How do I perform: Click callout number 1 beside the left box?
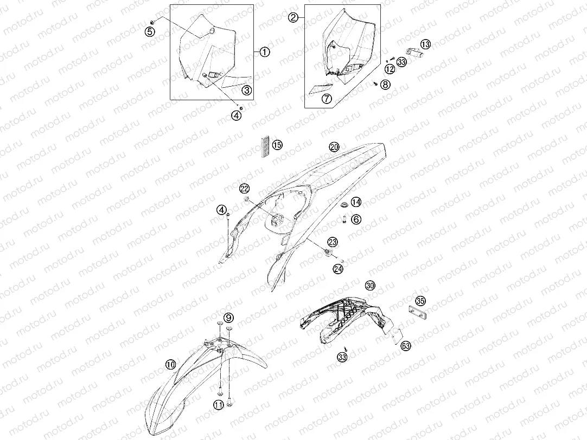(x=264, y=52)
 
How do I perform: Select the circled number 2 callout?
(x=293, y=17)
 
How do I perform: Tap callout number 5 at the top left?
(x=150, y=32)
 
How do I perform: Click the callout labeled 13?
(x=426, y=44)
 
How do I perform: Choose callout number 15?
(x=277, y=145)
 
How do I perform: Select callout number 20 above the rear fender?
(x=334, y=147)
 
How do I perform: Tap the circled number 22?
(x=245, y=189)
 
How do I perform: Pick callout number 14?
(x=356, y=202)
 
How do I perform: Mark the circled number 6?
(x=356, y=219)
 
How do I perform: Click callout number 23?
(x=333, y=242)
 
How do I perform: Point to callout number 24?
(x=338, y=269)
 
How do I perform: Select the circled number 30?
(x=370, y=286)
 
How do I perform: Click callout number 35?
(x=420, y=301)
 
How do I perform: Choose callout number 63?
(x=406, y=346)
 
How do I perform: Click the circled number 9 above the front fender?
(x=228, y=318)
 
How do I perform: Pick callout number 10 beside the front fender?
(x=170, y=364)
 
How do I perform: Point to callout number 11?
(x=219, y=404)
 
